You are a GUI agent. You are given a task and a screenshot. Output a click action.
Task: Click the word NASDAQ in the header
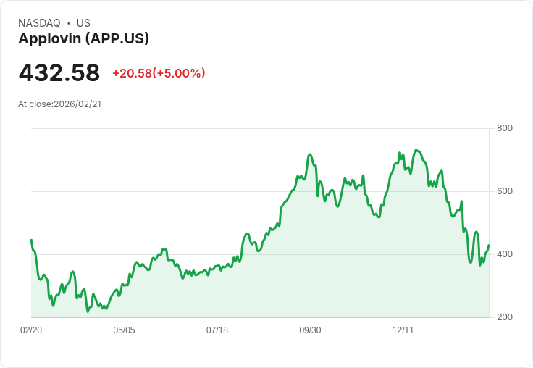[x=39, y=23]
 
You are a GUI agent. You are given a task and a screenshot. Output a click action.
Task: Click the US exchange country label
[x=83, y=23]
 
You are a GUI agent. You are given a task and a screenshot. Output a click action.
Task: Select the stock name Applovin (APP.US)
[x=83, y=39]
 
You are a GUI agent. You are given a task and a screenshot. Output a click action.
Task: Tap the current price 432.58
[x=59, y=73]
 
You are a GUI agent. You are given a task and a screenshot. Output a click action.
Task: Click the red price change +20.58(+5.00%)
[x=159, y=73]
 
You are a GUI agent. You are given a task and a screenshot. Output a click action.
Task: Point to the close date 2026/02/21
[x=77, y=104]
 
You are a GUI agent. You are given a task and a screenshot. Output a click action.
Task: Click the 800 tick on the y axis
[x=504, y=128]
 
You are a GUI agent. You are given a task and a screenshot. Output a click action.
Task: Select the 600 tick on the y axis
[x=504, y=191]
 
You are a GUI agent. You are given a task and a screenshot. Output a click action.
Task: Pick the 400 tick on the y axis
[x=504, y=254]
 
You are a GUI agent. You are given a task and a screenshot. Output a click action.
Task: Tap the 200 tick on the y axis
[x=504, y=317]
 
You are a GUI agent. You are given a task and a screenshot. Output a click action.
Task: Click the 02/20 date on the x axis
[x=31, y=330]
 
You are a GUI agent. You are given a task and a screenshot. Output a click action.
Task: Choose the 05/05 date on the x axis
[x=124, y=330]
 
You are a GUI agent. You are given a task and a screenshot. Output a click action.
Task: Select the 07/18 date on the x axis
[x=217, y=330]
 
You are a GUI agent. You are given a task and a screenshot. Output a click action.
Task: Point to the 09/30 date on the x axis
[x=310, y=330]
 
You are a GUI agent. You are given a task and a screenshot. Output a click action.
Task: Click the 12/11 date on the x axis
[x=403, y=330]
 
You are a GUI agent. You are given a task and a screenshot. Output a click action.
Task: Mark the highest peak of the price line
[x=416, y=150]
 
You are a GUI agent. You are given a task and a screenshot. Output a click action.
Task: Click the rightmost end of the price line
[x=489, y=245]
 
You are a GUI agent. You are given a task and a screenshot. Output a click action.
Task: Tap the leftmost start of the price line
[x=31, y=240]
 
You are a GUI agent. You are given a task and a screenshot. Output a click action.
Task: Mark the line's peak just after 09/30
[x=310, y=154]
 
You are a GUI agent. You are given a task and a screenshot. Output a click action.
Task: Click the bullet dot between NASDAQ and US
[x=69, y=23]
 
